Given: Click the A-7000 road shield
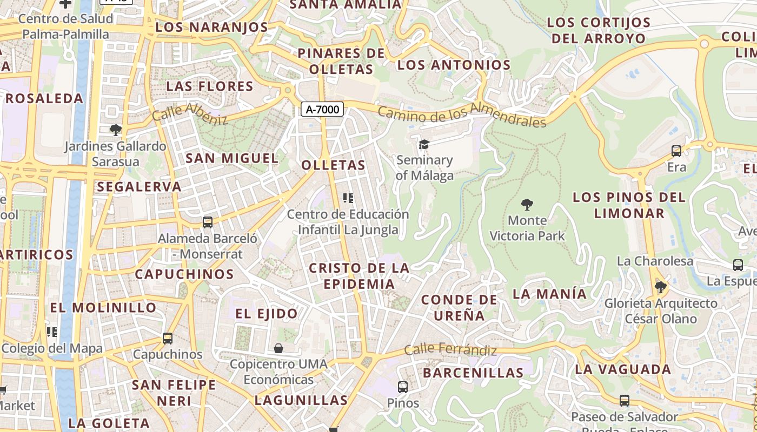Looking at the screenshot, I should tap(322, 110).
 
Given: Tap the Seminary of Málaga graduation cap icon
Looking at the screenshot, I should tap(424, 144).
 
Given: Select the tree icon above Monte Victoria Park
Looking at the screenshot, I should tap(527, 205).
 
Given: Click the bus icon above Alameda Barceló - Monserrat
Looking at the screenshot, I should tap(207, 222).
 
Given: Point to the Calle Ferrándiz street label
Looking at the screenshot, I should tap(450, 350).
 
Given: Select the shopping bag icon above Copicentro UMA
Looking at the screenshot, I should tap(278, 348).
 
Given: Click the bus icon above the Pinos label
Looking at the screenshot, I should tap(403, 387).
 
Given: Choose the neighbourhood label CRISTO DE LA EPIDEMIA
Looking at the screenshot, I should tap(359, 276).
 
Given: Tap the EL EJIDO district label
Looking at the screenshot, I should tap(267, 314).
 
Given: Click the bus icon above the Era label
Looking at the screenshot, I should tap(676, 151).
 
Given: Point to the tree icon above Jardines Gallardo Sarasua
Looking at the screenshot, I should tap(115, 130).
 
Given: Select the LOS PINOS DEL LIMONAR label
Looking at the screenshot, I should tap(629, 205).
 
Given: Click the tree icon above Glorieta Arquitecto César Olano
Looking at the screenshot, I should tap(660, 287).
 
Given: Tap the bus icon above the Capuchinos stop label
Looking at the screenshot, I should tap(168, 339).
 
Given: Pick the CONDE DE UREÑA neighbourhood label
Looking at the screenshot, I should tap(459, 307).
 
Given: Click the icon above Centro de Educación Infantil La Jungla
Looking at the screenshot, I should tap(348, 198).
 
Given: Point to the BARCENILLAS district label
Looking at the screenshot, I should tap(473, 373).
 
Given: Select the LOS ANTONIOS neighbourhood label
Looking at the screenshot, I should tap(454, 65).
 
